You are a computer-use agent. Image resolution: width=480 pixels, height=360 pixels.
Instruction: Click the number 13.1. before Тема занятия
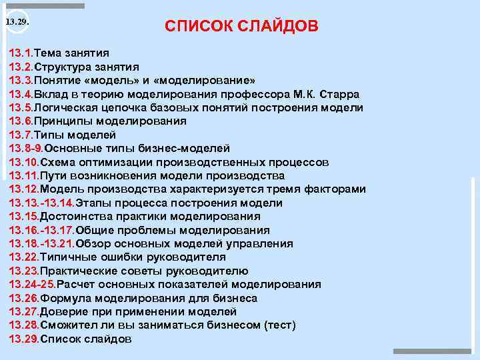[x=21, y=53]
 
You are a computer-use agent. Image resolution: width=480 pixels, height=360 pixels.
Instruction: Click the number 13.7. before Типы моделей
[x=21, y=135]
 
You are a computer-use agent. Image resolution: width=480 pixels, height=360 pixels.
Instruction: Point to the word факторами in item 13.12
[x=336, y=189]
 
